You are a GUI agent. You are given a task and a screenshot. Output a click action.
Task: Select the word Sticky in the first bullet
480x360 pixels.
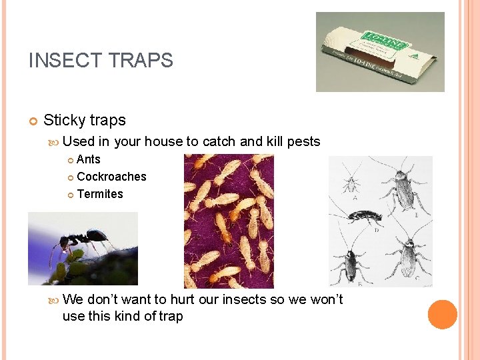[64, 121]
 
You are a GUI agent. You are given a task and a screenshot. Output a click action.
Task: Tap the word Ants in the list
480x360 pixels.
[89, 159]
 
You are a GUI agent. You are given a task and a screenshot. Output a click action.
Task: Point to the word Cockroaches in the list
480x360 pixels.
[111, 177]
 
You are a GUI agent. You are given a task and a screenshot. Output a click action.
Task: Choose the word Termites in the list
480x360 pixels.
[100, 194]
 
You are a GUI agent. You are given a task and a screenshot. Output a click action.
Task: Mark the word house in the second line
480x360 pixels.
[163, 141]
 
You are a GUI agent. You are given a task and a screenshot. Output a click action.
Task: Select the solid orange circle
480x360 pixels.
[442, 315]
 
